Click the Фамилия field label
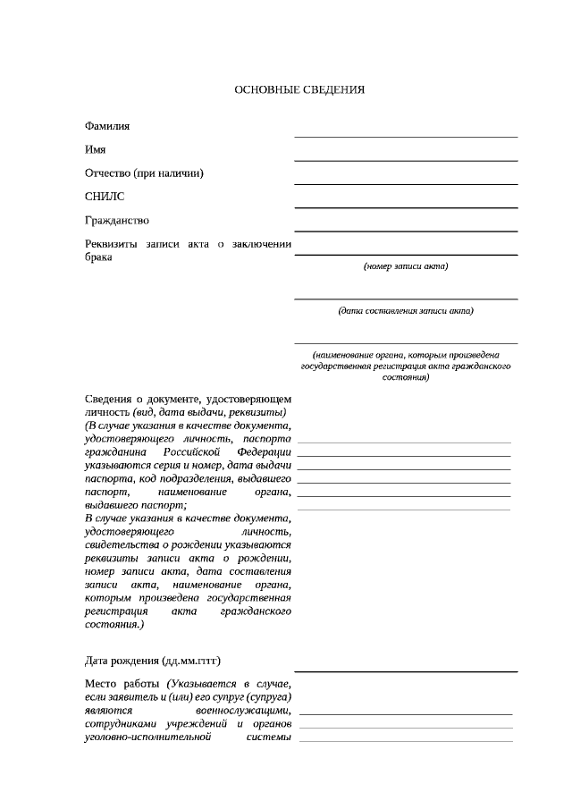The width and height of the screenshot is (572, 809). coord(106,126)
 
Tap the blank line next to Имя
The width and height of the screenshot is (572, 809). coord(406,160)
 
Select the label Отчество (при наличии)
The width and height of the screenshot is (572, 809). coord(144,173)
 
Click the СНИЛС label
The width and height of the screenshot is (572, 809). coord(105,197)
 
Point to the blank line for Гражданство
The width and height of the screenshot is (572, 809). coord(406,231)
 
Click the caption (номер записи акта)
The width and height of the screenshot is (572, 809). coord(406,266)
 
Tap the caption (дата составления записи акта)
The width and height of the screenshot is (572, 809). coord(406,311)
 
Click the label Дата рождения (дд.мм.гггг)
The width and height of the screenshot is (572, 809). coord(152,661)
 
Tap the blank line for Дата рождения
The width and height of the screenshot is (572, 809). coord(406,670)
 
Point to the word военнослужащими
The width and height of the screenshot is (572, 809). coord(241,711)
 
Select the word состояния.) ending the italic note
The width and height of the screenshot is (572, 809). coord(114,626)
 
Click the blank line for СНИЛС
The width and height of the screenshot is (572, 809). coord(406,207)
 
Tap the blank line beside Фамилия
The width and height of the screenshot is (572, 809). coord(406,137)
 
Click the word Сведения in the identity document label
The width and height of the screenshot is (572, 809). coord(109,398)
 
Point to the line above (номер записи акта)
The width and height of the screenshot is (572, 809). coord(406,255)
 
